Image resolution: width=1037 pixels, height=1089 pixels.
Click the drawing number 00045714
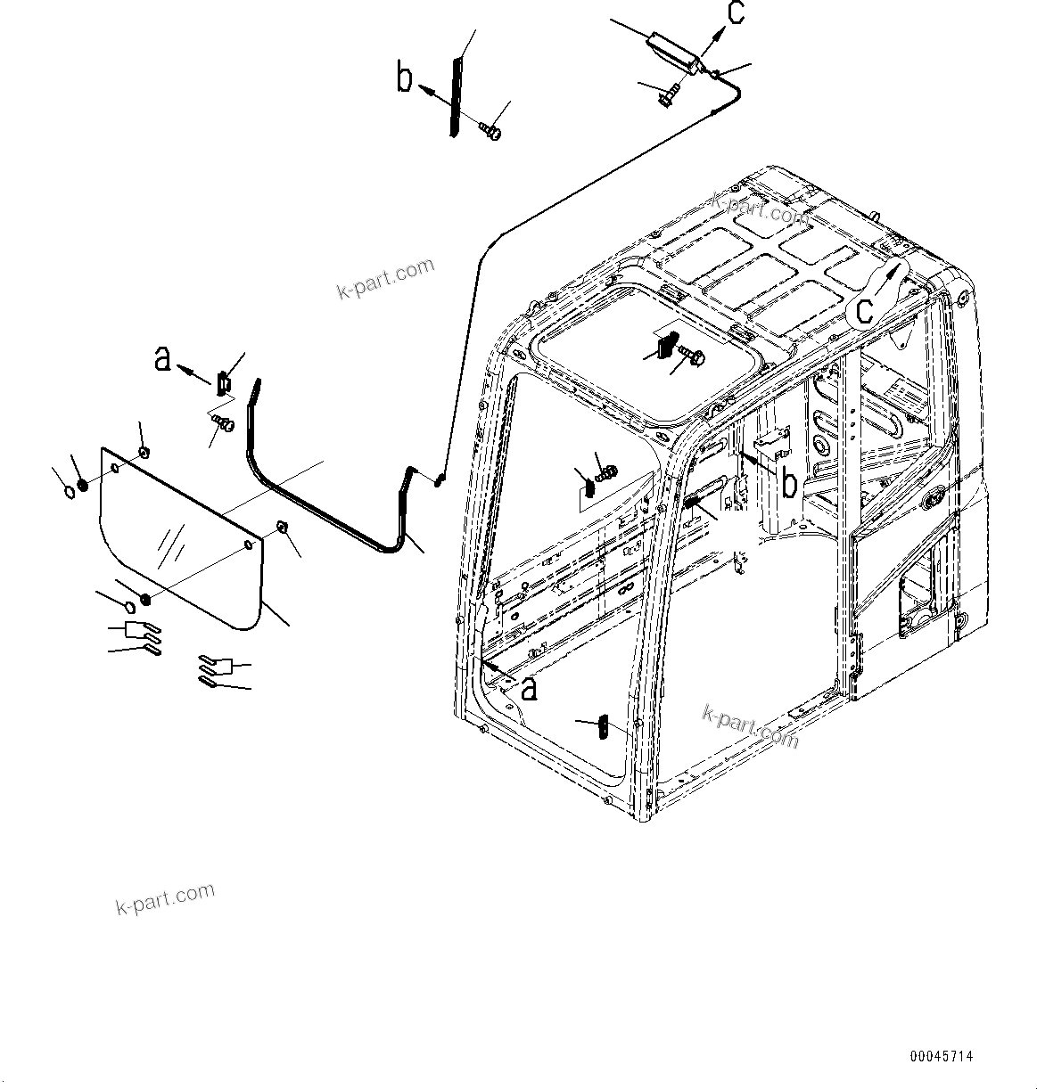tap(941, 1056)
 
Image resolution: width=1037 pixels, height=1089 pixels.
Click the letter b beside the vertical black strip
tap(405, 79)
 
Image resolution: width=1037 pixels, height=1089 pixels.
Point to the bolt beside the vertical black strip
tap(490, 131)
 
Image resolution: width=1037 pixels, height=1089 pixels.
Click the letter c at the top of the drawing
tap(735, 14)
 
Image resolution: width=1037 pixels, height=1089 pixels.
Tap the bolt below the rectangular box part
tap(669, 94)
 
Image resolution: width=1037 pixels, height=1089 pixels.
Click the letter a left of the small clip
tap(162, 359)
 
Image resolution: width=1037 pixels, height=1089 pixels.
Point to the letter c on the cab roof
tap(864, 310)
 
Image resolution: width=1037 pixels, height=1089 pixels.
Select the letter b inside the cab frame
tap(788, 483)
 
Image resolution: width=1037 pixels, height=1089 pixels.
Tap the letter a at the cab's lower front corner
tap(529, 688)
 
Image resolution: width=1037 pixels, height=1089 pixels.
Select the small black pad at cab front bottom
tap(604, 727)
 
